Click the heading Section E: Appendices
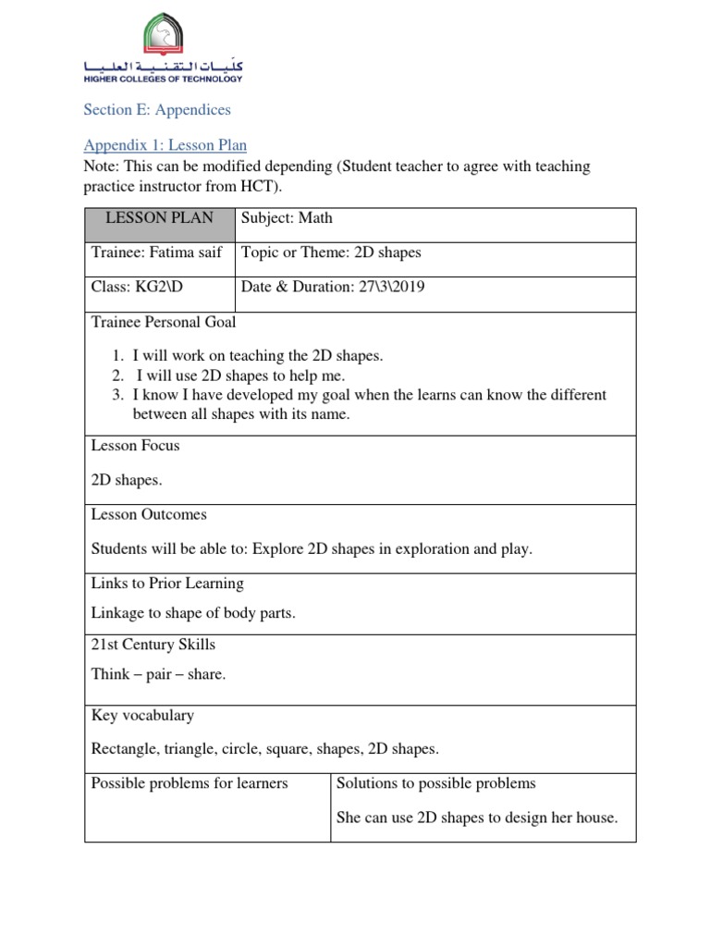click(x=157, y=110)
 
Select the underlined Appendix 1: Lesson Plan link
click(x=165, y=145)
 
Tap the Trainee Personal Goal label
click(x=164, y=322)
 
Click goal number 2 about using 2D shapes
click(x=240, y=375)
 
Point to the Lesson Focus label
click(x=135, y=446)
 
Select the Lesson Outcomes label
click(x=149, y=514)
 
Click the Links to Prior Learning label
click(x=167, y=584)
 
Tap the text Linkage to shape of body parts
click(x=193, y=614)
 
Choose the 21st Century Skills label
click(x=153, y=645)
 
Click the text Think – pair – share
click(x=158, y=674)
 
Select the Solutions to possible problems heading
click(x=436, y=783)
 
